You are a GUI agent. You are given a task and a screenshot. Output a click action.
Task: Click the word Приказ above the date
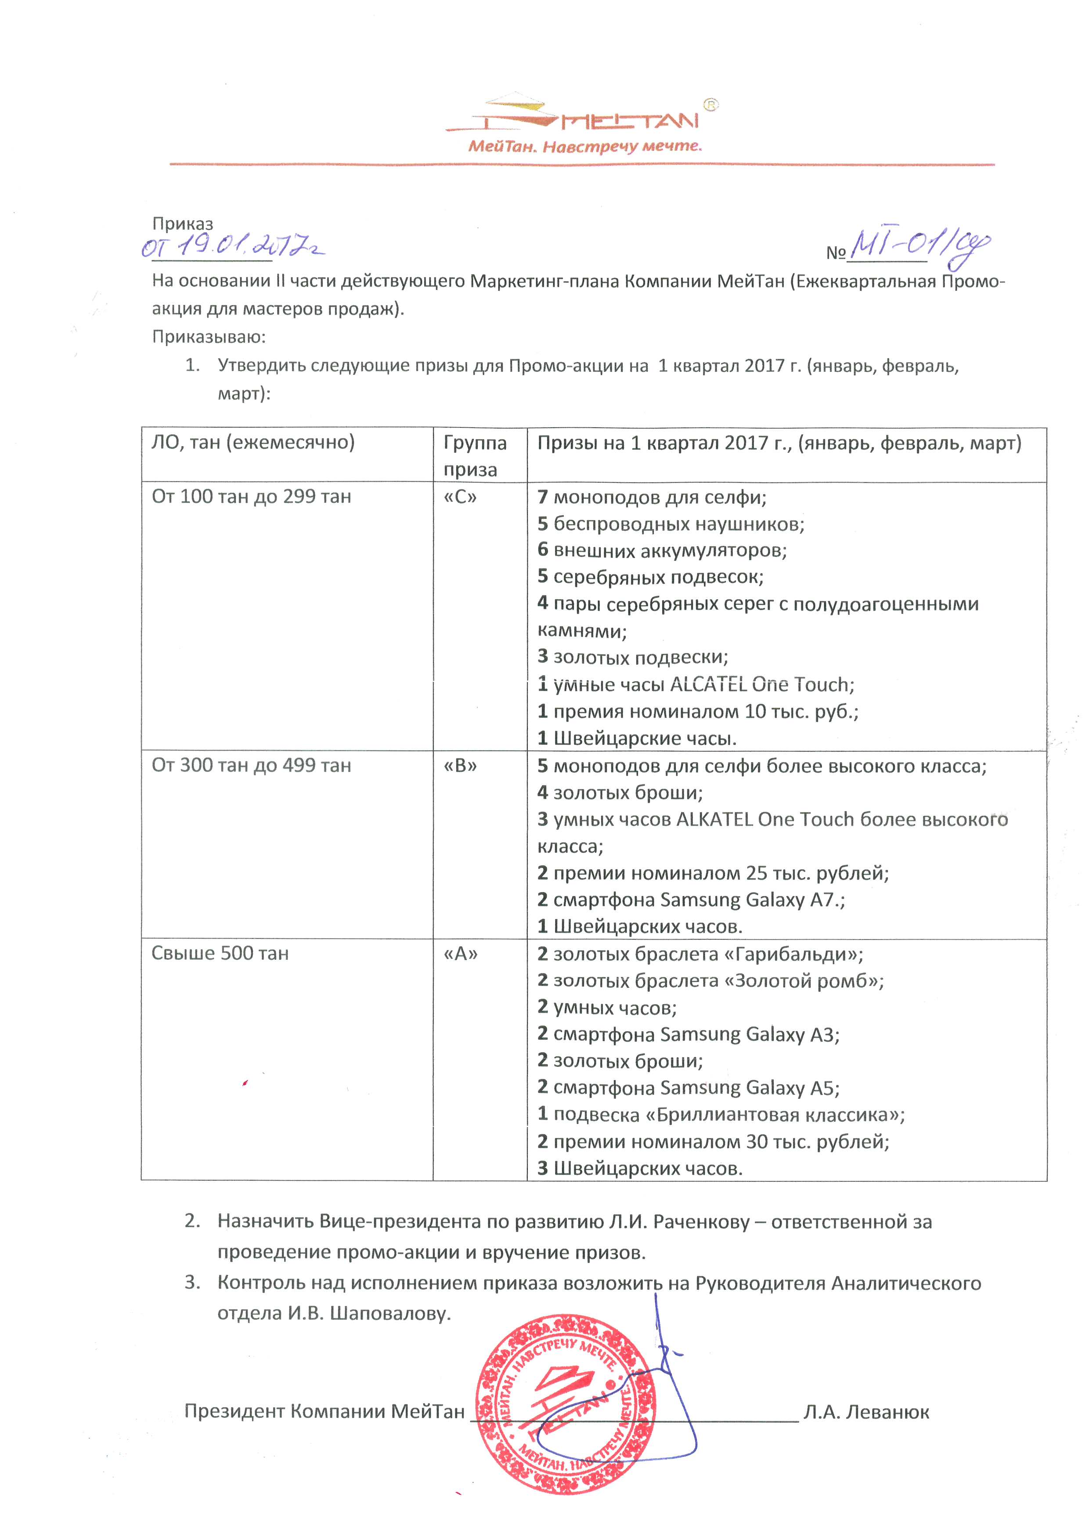pos(182,223)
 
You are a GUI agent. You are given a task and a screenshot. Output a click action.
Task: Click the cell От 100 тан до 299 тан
pos(252,497)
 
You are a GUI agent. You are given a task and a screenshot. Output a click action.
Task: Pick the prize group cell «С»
pos(460,497)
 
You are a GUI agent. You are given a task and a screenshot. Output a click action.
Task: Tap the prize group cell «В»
pos(460,765)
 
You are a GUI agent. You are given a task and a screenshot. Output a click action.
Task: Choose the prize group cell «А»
pos(461,953)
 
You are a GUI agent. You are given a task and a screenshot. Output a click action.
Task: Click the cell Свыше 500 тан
pos(220,953)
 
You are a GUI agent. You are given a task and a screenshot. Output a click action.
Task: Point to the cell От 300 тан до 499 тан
pos(252,765)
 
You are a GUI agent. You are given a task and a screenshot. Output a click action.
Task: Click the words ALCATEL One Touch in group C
pos(762,685)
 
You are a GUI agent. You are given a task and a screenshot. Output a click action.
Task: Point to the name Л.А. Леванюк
pos(866,1412)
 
